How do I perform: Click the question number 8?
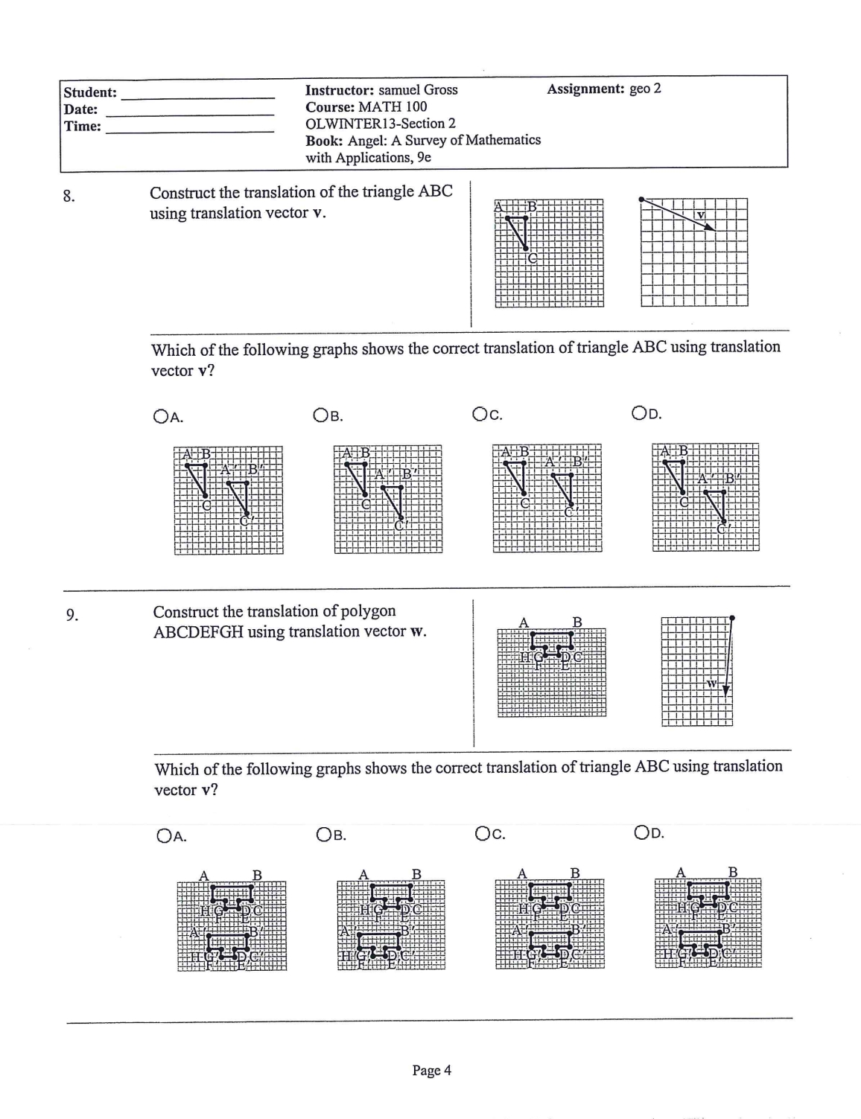(68, 197)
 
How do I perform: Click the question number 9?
(71, 615)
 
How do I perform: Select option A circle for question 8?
(160, 416)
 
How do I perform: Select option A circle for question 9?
(164, 835)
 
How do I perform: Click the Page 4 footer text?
(432, 1071)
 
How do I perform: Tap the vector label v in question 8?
(700, 215)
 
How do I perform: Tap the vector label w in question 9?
(712, 683)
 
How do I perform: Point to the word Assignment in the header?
(585, 89)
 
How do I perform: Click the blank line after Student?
(197, 95)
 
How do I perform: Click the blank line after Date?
(191, 112)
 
